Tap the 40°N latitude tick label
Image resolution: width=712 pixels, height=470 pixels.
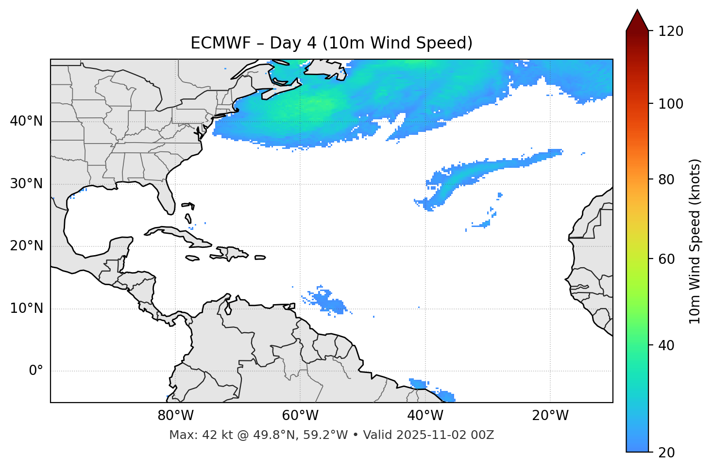[26, 121]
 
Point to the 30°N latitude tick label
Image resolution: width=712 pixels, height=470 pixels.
[26, 184]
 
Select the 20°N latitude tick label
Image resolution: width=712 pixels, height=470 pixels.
[26, 246]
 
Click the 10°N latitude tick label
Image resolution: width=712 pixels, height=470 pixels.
[26, 308]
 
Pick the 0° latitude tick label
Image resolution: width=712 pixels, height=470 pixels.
[36, 371]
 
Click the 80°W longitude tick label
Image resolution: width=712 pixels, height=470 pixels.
[175, 416]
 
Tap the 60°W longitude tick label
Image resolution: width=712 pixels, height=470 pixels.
[300, 416]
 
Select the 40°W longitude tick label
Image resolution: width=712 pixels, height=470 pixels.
[425, 416]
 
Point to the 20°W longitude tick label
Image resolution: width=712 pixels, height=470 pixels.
[550, 416]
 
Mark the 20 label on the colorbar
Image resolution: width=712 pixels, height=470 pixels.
[666, 453]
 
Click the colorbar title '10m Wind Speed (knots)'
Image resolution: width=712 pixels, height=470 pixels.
[695, 241]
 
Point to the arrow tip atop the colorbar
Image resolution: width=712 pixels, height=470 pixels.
[637, 11]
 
